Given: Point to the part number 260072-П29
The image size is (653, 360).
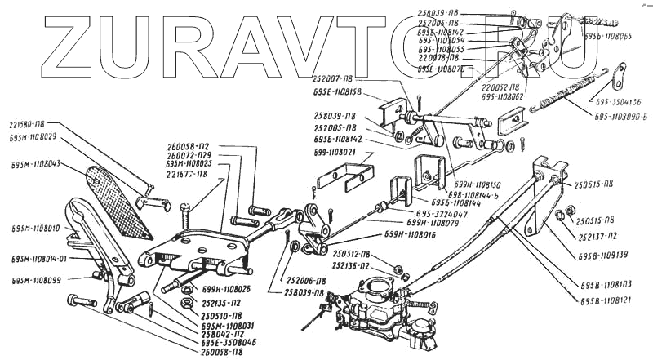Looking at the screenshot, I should coord(190,155).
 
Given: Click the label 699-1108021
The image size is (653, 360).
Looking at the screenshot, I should coord(337,153).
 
